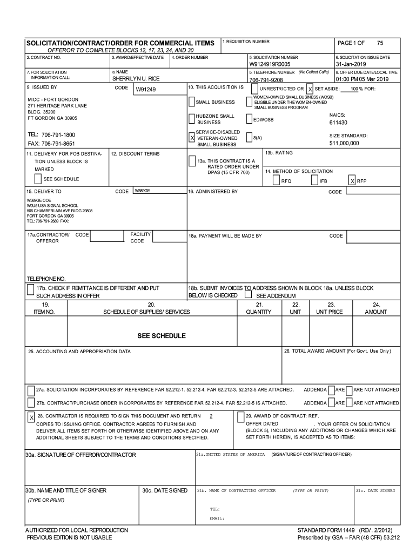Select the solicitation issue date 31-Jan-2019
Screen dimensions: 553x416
[x=350, y=64]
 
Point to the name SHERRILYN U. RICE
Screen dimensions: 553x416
[x=136, y=79]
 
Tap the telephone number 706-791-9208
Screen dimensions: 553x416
[x=266, y=79]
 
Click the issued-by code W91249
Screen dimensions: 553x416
[x=145, y=90]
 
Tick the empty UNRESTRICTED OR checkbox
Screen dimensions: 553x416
[x=254, y=89]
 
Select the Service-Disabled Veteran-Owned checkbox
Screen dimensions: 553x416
[x=192, y=138]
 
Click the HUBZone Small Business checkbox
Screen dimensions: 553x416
[x=192, y=119]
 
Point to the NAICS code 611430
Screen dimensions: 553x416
[x=338, y=123]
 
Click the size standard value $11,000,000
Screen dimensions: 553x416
[x=344, y=144]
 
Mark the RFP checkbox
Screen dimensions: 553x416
[x=352, y=181]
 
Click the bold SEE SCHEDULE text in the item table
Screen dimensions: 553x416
[x=162, y=336]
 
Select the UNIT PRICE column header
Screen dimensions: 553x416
[x=330, y=312]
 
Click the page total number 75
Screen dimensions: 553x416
[x=380, y=43]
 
